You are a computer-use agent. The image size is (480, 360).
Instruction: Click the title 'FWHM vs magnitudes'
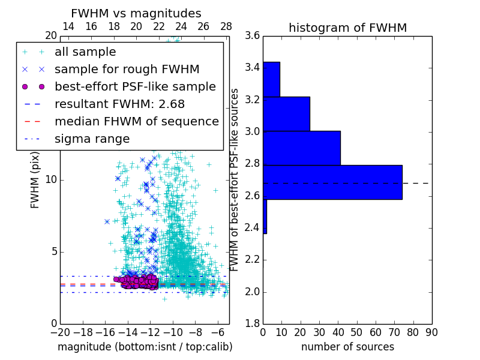(x=136, y=13)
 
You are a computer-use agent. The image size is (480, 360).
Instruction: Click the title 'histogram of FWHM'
(x=347, y=28)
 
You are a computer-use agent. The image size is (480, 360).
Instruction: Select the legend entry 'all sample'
(x=85, y=52)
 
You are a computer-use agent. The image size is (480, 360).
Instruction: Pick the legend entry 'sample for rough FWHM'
(x=127, y=69)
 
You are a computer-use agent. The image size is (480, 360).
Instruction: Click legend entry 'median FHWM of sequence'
(x=136, y=121)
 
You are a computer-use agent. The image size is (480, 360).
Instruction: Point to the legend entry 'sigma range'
(x=92, y=139)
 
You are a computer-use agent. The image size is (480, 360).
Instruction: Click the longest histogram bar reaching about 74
(x=332, y=182)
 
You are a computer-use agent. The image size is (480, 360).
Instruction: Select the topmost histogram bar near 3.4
(x=271, y=79)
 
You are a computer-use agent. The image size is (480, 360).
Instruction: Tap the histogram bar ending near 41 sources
(x=302, y=148)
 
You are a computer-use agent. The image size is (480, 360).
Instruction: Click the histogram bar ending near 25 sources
(x=286, y=113)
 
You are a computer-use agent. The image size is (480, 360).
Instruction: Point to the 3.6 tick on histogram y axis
(x=252, y=35)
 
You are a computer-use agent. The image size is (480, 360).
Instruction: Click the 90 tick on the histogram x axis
(x=431, y=332)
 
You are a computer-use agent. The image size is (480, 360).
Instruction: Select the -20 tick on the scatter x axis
(x=59, y=332)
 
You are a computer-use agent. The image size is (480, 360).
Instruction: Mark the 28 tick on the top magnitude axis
(x=226, y=26)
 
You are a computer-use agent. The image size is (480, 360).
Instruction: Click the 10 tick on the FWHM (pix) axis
(x=52, y=179)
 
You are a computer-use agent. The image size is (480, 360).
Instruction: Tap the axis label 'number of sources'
(x=347, y=347)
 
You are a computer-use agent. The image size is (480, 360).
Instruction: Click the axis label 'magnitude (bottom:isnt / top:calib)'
(x=145, y=347)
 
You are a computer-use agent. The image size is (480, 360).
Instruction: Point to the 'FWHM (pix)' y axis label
(x=35, y=179)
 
